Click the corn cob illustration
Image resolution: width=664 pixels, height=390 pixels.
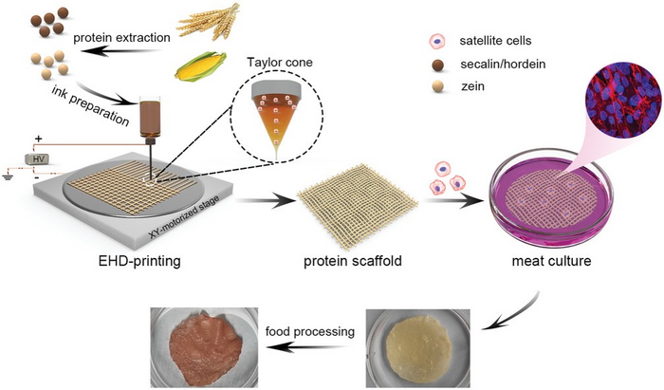202,67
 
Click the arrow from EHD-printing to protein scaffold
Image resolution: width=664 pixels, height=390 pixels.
260,201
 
